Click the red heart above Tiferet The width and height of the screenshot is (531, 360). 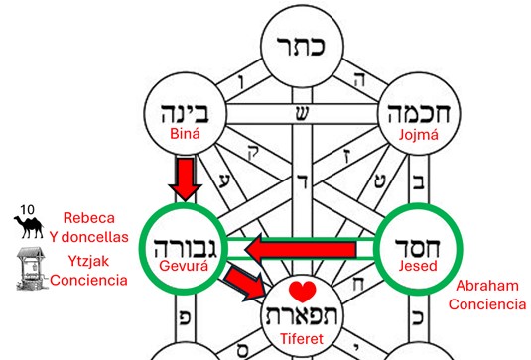303,292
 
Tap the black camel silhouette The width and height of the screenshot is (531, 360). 29,227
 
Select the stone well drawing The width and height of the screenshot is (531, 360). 31,269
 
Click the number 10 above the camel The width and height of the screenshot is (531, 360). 27,210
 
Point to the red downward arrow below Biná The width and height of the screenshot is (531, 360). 186,179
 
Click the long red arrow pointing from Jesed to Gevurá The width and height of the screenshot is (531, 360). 301,250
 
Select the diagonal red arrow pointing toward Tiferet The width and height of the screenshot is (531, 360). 245,283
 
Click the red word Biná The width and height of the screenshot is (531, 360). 185,134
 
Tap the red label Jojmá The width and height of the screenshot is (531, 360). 419,135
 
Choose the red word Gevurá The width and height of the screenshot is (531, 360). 184,266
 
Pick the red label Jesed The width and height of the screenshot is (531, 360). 418,266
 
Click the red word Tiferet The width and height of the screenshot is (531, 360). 302,339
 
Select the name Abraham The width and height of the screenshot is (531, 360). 487,286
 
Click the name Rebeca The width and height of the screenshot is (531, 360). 89,218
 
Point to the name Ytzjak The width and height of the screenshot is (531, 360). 88,261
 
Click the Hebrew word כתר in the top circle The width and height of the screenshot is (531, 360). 301,46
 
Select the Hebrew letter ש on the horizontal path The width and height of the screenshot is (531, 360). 302,114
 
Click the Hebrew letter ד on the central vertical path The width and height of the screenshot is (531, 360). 303,181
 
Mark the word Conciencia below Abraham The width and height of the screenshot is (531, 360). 487,304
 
